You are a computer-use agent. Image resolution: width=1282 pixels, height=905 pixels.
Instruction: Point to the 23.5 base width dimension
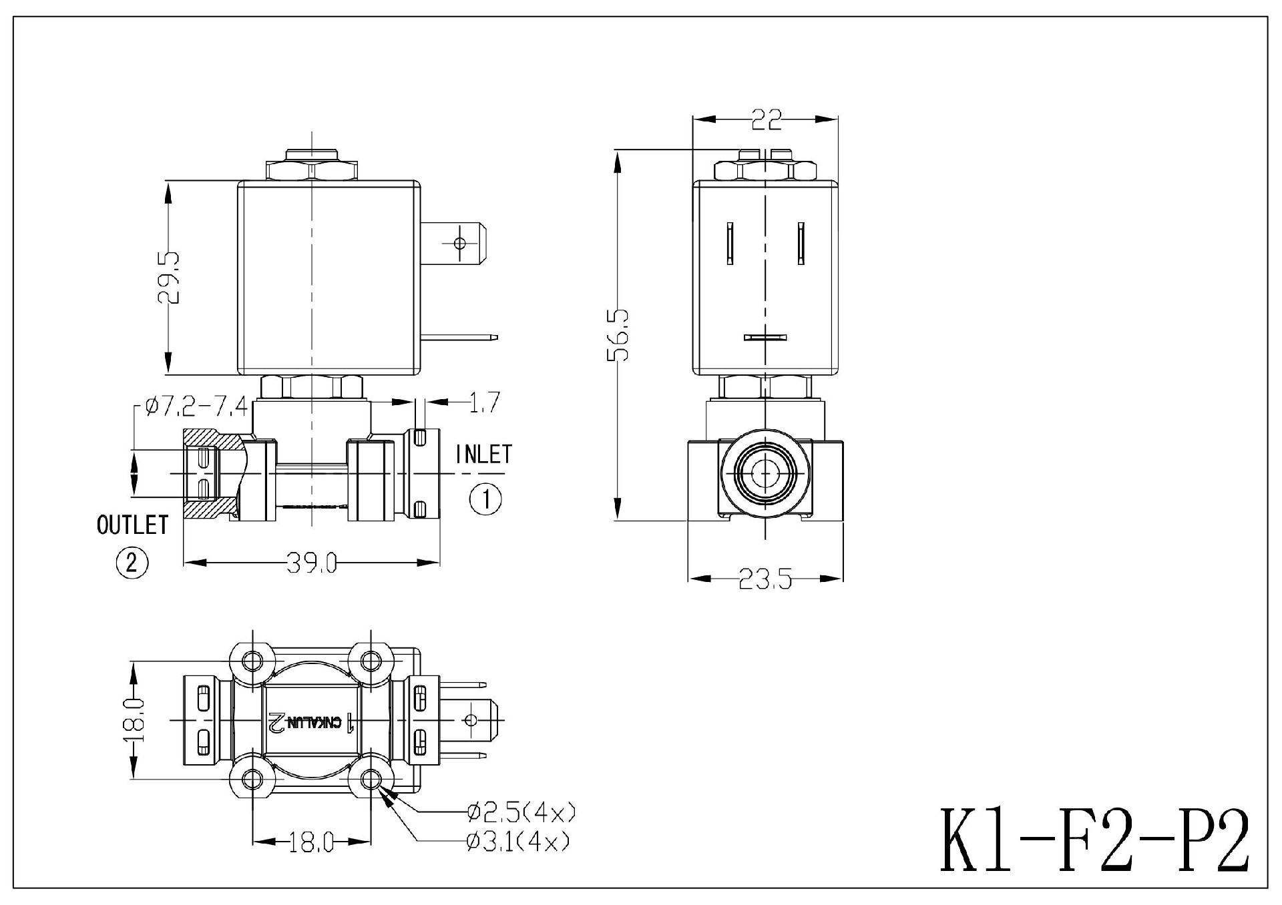pyautogui.click(x=765, y=579)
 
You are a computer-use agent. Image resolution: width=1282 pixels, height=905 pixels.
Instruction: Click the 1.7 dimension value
pyautogui.click(x=484, y=402)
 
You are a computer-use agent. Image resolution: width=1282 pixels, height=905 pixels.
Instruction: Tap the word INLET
pyautogui.click(x=483, y=455)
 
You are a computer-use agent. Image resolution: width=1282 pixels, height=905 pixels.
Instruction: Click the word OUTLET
pyautogui.click(x=132, y=525)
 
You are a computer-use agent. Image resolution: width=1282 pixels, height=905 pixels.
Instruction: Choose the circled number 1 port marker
pyautogui.click(x=485, y=499)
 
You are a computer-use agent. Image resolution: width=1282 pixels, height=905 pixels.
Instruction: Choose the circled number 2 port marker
pyautogui.click(x=132, y=563)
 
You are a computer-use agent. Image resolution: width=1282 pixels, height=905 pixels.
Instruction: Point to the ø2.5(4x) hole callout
pyautogui.click(x=521, y=812)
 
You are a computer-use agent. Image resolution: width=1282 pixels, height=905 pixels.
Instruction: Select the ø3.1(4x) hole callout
pyautogui.click(x=518, y=842)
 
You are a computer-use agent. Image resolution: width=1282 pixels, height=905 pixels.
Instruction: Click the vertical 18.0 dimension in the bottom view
pyautogui.click(x=136, y=719)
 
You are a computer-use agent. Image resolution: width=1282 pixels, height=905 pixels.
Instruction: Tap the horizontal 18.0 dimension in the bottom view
pyautogui.click(x=311, y=844)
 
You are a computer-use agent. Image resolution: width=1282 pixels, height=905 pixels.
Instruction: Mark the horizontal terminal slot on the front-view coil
pyautogui.click(x=765, y=338)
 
